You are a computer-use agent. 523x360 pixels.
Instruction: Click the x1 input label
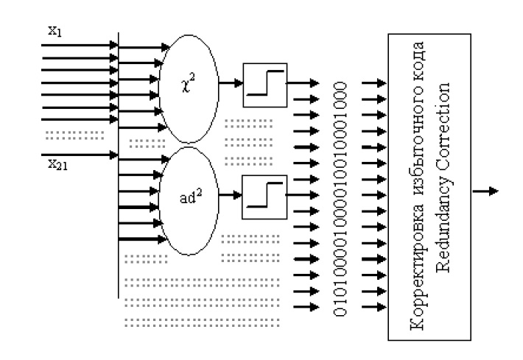[55, 33]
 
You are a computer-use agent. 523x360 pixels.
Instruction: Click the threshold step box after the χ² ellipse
[265, 85]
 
